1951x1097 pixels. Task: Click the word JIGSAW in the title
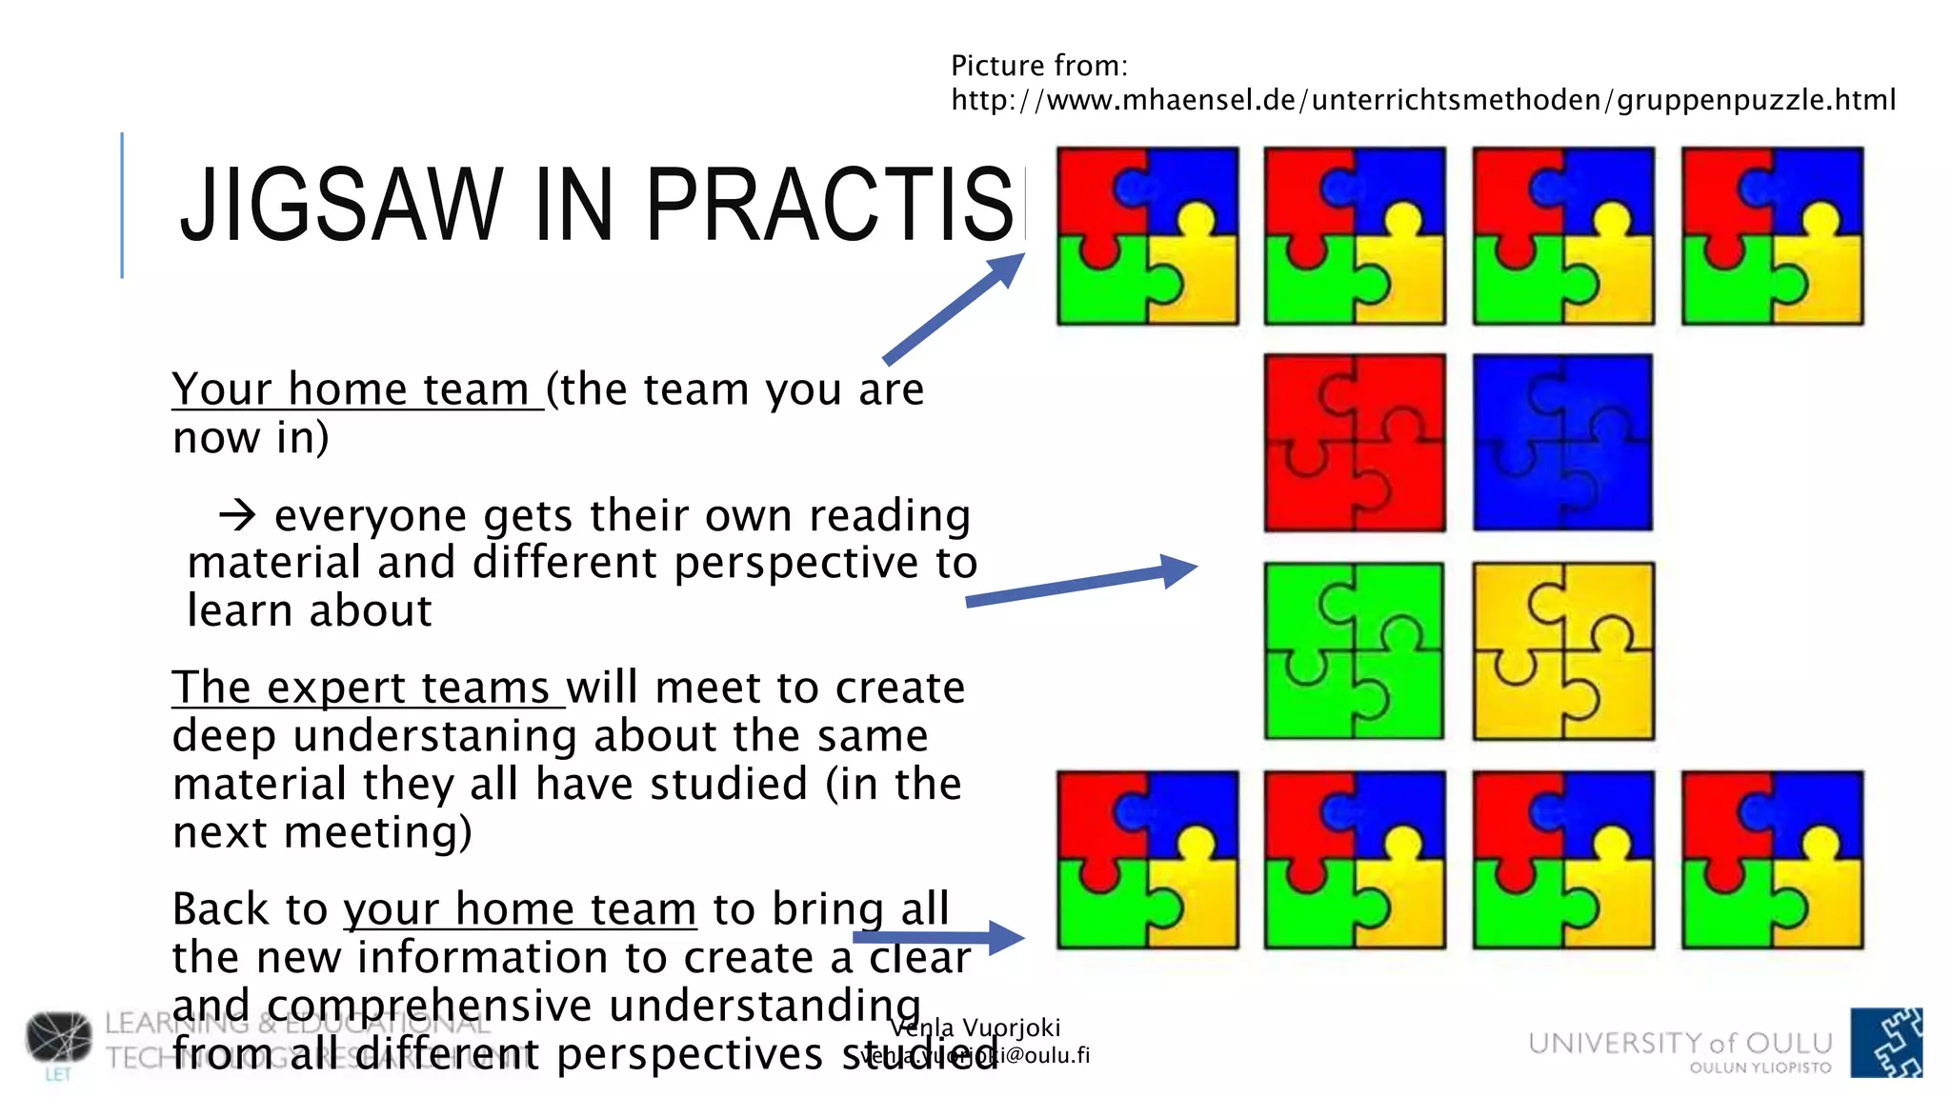point(341,204)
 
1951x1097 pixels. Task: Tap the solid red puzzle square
point(1355,443)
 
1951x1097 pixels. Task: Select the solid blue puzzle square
point(1562,443)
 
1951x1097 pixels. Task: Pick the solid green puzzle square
point(1355,650)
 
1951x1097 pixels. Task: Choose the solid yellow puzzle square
point(1562,650)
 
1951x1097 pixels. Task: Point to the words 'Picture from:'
point(1038,66)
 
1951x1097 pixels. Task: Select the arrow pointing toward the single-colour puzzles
point(1081,585)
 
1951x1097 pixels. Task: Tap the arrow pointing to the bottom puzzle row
point(939,937)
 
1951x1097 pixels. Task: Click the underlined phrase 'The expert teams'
point(368,688)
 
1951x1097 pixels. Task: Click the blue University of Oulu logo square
point(1885,1042)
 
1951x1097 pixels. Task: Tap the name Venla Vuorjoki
point(975,1027)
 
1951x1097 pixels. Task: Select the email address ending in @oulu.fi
point(975,1055)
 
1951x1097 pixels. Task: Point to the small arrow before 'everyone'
point(237,516)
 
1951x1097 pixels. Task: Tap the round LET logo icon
point(59,1037)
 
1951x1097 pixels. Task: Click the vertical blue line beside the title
point(122,205)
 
